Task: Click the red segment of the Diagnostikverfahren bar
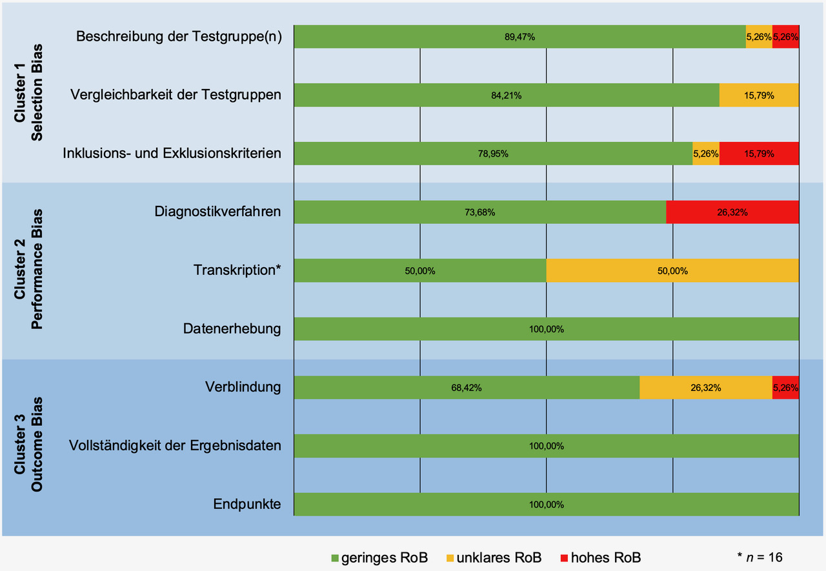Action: click(x=732, y=212)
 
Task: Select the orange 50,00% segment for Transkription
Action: click(x=672, y=271)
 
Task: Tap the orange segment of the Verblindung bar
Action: click(x=705, y=388)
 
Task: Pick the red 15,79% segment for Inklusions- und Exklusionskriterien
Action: click(x=759, y=154)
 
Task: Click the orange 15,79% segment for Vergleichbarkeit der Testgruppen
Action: click(x=759, y=95)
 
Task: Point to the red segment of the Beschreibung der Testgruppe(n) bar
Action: click(x=785, y=37)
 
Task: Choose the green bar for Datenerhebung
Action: click(x=546, y=329)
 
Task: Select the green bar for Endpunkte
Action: click(x=546, y=505)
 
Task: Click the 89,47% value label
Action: click(x=519, y=37)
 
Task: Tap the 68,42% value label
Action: click(x=467, y=388)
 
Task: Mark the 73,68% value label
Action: click(x=479, y=212)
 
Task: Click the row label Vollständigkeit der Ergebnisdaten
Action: click(x=175, y=446)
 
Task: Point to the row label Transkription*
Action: click(x=237, y=270)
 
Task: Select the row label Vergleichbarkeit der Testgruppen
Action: click(x=176, y=95)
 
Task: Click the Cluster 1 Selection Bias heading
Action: click(x=29, y=92)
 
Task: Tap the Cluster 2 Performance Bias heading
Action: click(x=29, y=268)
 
